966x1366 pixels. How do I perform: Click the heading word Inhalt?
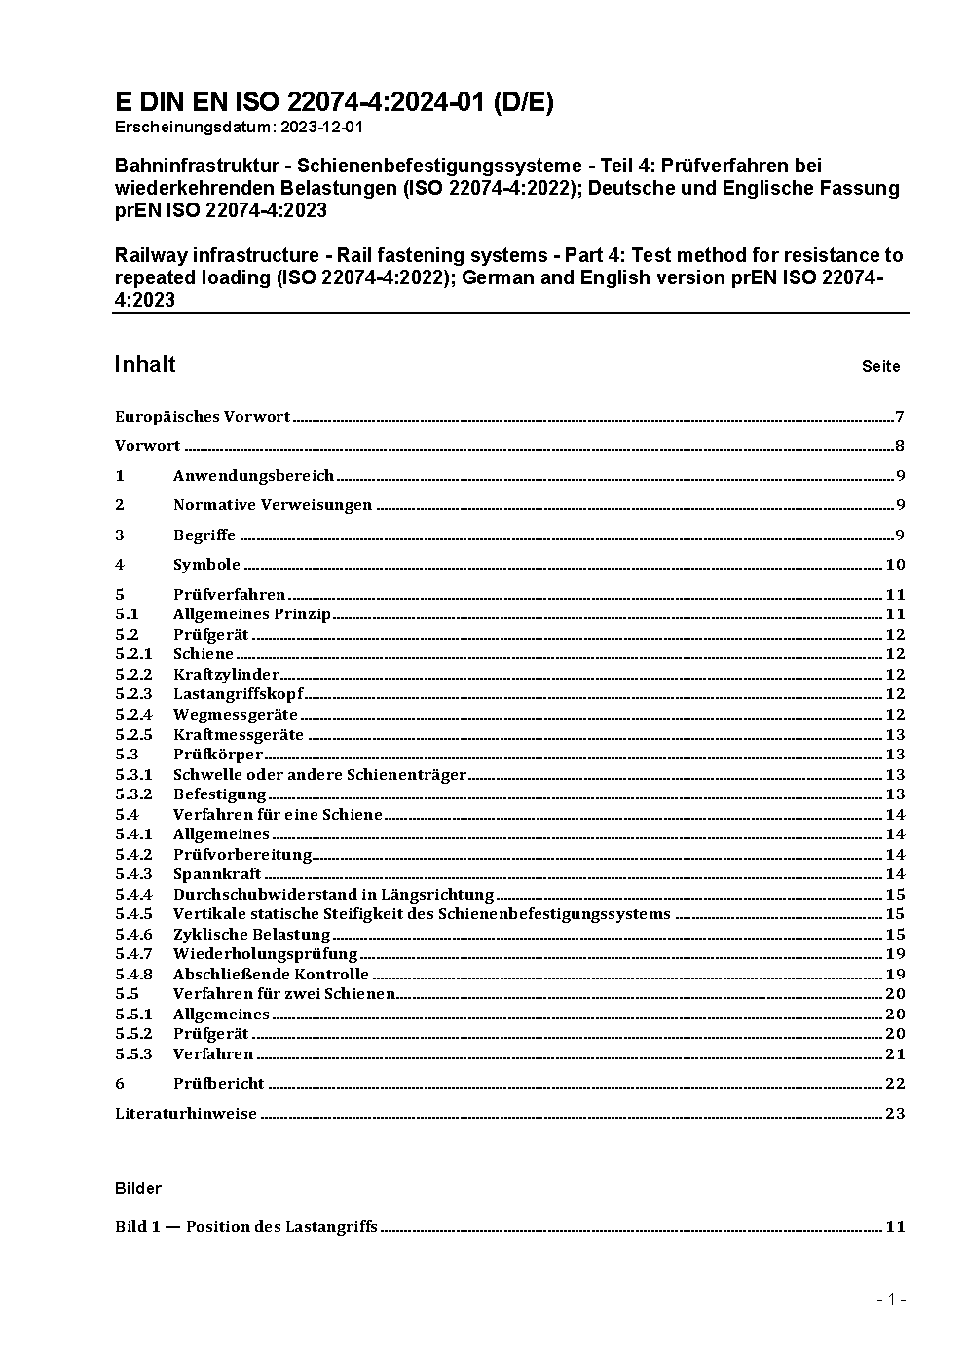145,364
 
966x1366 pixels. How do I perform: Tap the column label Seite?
880,367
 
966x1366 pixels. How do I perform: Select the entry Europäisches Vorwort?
203,417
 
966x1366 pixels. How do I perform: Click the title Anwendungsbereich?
253,476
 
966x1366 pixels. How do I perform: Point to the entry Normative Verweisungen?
273,505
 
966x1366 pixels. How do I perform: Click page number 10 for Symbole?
895,565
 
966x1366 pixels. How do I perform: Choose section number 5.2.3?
133,694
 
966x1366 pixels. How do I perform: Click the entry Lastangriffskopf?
238,694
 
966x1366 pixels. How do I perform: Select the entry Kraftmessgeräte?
238,735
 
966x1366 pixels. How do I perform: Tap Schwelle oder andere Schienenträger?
319,775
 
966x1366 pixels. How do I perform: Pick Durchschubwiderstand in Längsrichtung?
333,895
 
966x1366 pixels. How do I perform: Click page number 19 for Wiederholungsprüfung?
895,954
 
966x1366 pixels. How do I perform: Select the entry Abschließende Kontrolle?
271,975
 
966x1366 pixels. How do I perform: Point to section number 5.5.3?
133,1054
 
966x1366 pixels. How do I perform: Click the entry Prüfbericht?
218,1084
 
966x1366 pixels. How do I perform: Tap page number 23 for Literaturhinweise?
895,1114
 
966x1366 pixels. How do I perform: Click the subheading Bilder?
138,1188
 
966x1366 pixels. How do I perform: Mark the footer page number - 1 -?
891,1299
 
